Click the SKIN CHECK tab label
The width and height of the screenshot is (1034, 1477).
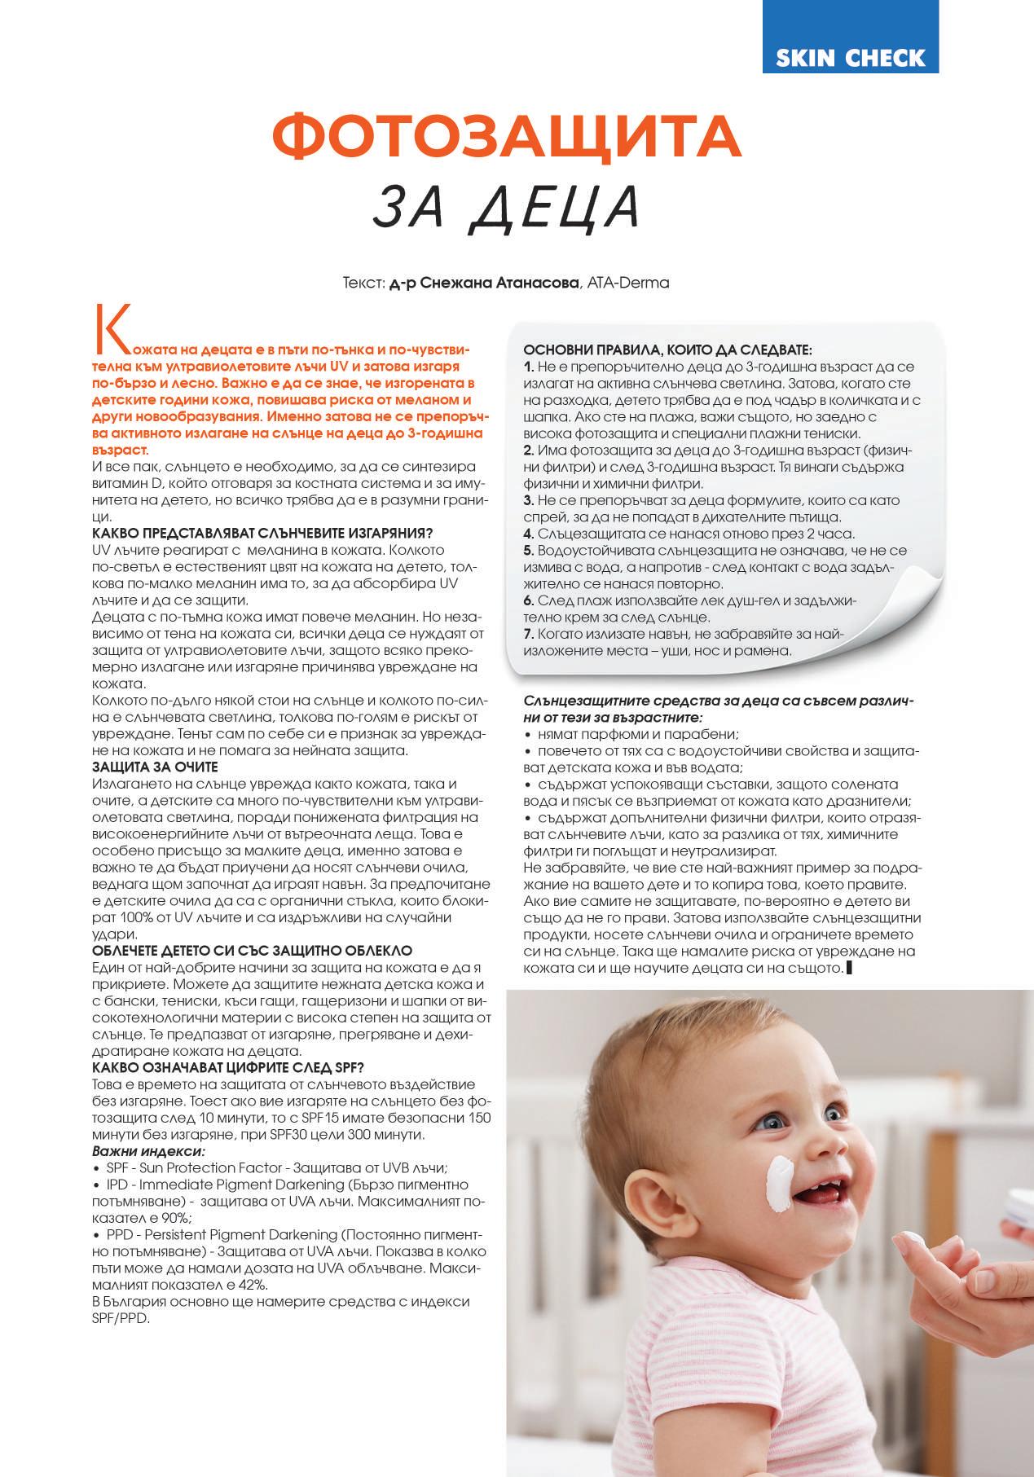(x=850, y=58)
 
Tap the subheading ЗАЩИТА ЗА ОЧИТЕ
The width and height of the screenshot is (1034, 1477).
(x=155, y=767)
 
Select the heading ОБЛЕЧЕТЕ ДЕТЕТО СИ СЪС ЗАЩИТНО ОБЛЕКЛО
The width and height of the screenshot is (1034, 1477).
(x=253, y=950)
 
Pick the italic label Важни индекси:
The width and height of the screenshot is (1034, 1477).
(x=148, y=1151)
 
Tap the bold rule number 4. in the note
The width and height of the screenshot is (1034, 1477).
(x=529, y=534)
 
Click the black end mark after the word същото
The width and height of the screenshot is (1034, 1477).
(x=850, y=968)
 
